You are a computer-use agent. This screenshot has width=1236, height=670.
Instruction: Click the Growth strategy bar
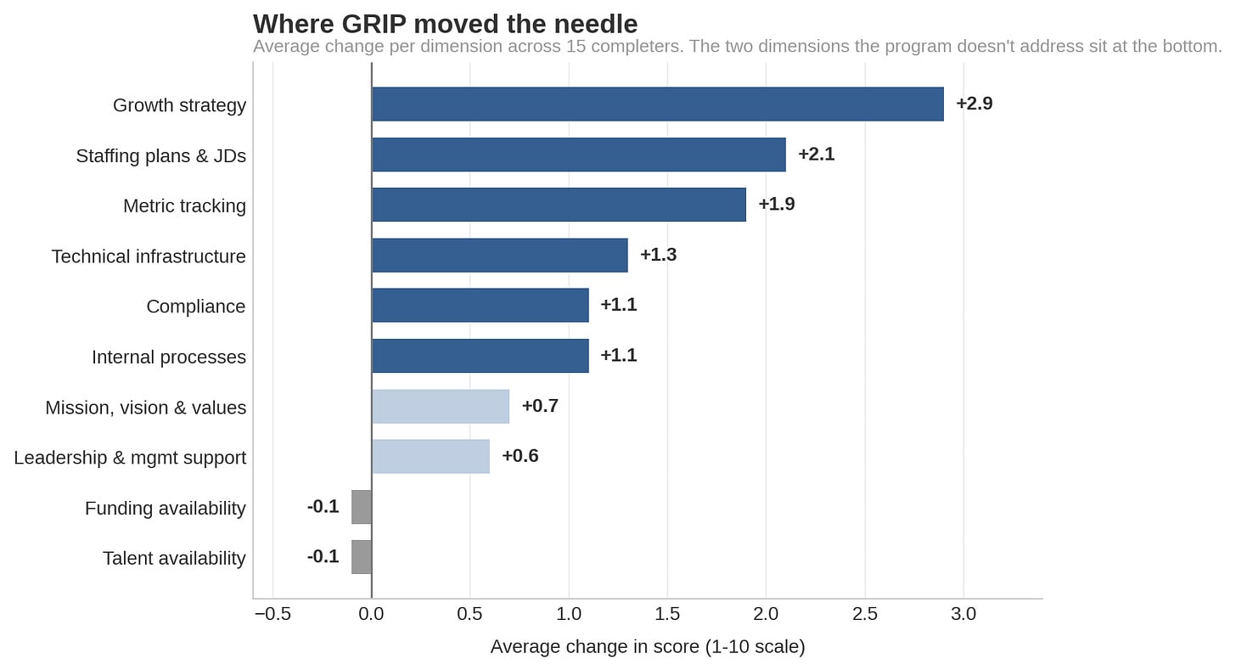pyautogui.click(x=658, y=104)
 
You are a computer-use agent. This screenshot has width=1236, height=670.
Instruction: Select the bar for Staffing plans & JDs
pyautogui.click(x=579, y=155)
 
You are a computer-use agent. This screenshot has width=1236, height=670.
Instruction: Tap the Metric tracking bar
pyautogui.click(x=559, y=205)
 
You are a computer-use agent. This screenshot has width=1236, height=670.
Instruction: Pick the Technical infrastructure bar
pyautogui.click(x=500, y=255)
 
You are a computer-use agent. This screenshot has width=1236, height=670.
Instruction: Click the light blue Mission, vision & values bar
pyautogui.click(x=441, y=406)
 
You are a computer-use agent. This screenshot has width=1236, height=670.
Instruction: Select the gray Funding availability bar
pyautogui.click(x=362, y=507)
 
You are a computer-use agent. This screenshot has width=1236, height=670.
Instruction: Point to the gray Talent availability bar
pyautogui.click(x=362, y=557)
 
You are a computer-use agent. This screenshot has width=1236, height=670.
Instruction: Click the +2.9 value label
pyautogui.click(x=975, y=104)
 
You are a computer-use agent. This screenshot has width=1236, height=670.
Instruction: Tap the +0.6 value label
pyautogui.click(x=520, y=456)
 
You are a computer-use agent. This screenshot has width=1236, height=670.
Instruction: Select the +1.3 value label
pyautogui.click(x=658, y=255)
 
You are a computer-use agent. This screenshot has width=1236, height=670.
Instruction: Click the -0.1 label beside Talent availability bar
pyautogui.click(x=323, y=556)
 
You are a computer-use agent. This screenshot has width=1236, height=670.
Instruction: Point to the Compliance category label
pyautogui.click(x=196, y=307)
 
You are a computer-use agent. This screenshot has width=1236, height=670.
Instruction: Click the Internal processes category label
pyautogui.click(x=169, y=357)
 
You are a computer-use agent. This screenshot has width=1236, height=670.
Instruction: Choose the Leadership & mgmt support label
pyautogui.click(x=130, y=458)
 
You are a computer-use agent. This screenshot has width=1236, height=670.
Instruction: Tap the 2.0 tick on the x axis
pyautogui.click(x=766, y=614)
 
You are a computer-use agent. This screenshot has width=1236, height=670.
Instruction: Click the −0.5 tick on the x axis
pyautogui.click(x=272, y=614)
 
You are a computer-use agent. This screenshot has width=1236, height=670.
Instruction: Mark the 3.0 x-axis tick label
pyautogui.click(x=964, y=614)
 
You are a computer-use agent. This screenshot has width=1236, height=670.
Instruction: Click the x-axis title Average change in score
pyautogui.click(x=648, y=646)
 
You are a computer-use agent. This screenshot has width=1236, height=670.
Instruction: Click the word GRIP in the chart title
pyautogui.click(x=374, y=25)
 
